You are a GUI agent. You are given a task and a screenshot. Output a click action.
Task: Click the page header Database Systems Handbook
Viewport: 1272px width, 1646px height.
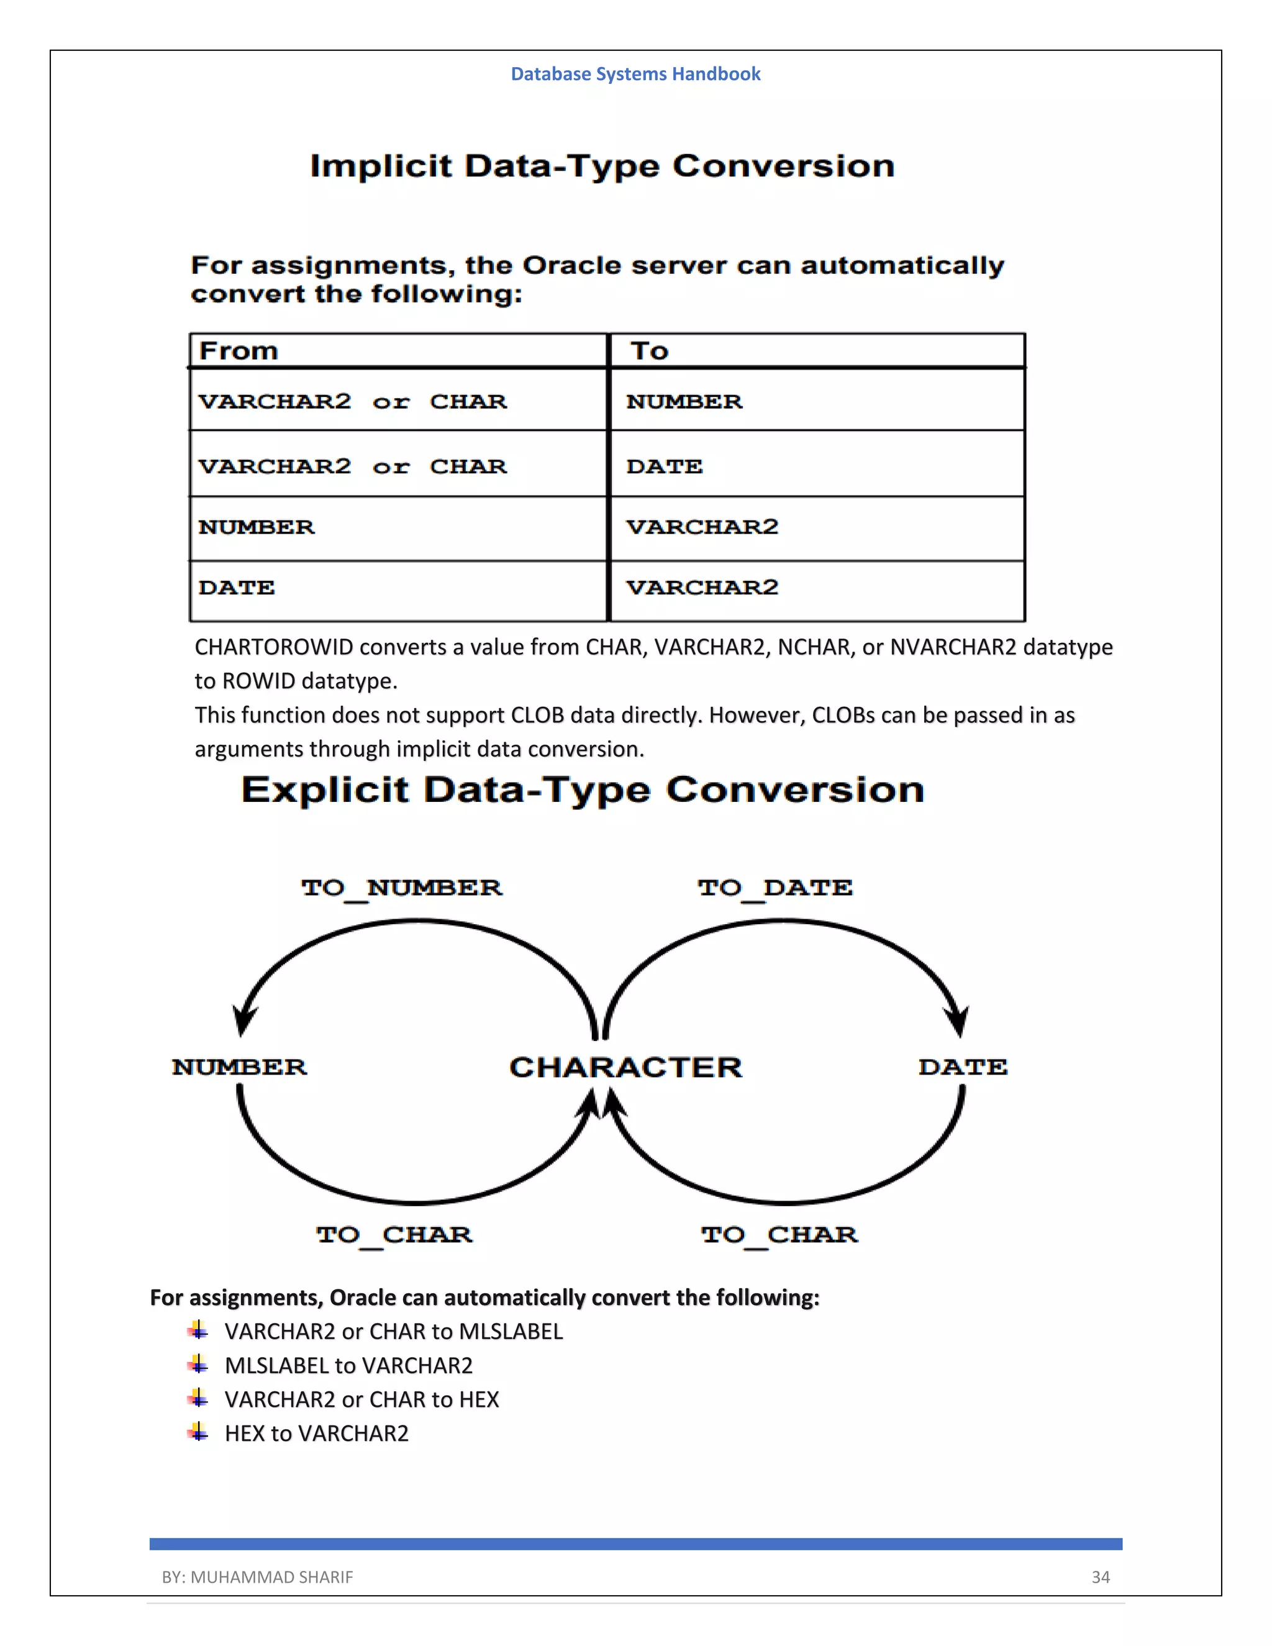click(x=635, y=74)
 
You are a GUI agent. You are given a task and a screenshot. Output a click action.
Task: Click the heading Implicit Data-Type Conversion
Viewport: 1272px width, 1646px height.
click(x=602, y=166)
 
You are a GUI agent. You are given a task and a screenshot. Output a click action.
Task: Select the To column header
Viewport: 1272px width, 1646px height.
click(x=650, y=351)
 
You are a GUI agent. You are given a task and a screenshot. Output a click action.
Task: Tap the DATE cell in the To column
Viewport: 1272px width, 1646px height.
click(x=664, y=466)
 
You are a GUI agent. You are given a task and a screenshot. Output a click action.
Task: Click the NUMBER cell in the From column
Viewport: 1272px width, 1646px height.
click(x=257, y=527)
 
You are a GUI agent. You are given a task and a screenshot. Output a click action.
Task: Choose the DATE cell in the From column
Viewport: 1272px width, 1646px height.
click(x=237, y=588)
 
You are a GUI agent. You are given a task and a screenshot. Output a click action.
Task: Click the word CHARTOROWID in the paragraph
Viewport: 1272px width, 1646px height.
click(x=273, y=647)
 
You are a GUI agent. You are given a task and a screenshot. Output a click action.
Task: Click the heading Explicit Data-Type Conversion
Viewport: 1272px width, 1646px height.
click(x=583, y=790)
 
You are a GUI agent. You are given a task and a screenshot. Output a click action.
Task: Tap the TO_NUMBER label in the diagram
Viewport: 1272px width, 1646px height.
click(x=402, y=888)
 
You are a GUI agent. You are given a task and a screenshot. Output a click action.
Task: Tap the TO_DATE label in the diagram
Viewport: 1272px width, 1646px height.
click(x=775, y=888)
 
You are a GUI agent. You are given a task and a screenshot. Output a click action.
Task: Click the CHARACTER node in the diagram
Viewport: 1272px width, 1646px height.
click(x=625, y=1067)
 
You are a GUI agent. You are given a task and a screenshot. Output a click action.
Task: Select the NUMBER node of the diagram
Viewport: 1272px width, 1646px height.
click(x=240, y=1067)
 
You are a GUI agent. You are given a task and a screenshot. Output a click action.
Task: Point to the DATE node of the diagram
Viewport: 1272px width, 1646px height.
click(x=962, y=1067)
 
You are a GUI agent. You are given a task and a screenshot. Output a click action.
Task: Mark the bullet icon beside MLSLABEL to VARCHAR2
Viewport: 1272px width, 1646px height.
click(x=198, y=1364)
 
